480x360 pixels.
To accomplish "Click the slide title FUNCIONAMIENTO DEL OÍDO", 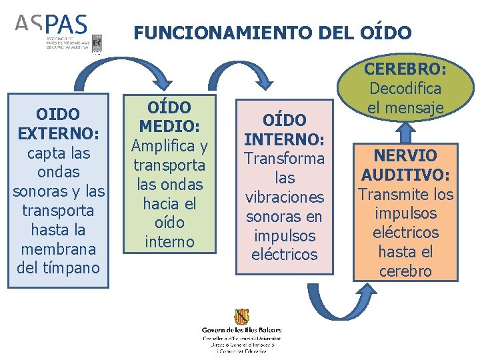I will pyautogui.click(x=273, y=32).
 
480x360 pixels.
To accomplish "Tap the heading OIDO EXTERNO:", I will pyautogui.click(x=58, y=124).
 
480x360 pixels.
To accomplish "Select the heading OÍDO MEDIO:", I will pyautogui.click(x=169, y=117).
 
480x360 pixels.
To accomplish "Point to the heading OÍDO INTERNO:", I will pyautogui.click(x=284, y=130).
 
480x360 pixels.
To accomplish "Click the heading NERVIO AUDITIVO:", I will pyautogui.click(x=406, y=165).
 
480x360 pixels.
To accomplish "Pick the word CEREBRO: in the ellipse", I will pyautogui.click(x=405, y=69).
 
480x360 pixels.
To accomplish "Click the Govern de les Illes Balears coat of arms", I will pyautogui.click(x=241, y=317).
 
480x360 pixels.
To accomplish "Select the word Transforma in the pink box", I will pyautogui.click(x=284, y=159).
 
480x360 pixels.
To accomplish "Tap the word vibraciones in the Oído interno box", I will pyautogui.click(x=284, y=197).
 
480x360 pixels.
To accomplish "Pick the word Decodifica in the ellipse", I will pyautogui.click(x=405, y=89).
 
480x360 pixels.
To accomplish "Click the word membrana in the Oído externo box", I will pyautogui.click(x=58, y=249).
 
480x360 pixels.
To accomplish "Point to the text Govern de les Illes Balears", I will pyautogui.click(x=241, y=329).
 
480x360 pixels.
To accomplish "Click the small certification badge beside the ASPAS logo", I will pyautogui.click(x=97, y=43).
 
